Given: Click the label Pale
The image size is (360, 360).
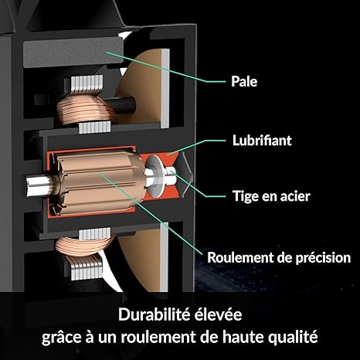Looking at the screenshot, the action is [244, 81].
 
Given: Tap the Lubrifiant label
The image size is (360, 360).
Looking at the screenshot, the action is [262, 141].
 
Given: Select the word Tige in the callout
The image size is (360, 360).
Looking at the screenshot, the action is [244, 197].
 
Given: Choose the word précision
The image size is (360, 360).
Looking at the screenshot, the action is [323, 258].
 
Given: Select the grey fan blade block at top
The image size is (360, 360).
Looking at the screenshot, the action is [73, 52].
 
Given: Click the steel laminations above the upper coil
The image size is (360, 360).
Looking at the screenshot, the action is [87, 83].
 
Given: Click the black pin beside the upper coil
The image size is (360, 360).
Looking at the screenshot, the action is [121, 105].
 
